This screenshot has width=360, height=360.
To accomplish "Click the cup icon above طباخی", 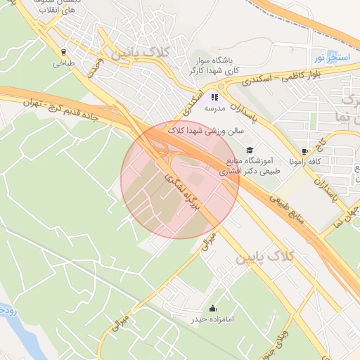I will (x=63, y=51).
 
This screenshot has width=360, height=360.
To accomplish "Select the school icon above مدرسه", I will (x=214, y=98).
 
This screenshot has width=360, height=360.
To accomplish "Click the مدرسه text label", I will (x=214, y=109).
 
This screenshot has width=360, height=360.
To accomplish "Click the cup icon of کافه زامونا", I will (x=304, y=151).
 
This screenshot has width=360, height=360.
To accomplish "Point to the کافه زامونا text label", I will (x=305, y=162).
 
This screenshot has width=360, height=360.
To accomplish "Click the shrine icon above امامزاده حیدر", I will (x=212, y=309).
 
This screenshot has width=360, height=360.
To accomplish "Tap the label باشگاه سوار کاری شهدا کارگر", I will (x=214, y=66).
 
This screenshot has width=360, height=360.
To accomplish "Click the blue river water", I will (x=21, y=337).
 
